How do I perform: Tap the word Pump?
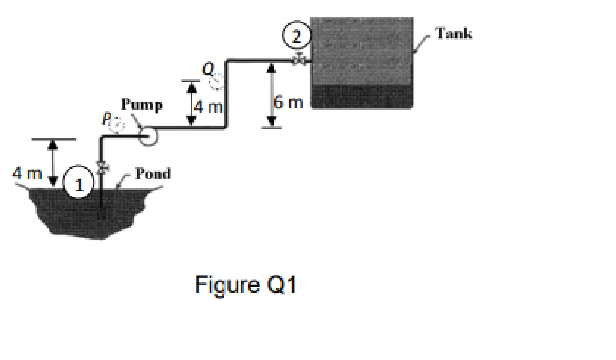click(x=141, y=105)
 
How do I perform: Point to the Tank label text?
click(x=454, y=33)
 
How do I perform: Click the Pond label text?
click(x=152, y=174)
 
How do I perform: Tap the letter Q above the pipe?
click(x=208, y=70)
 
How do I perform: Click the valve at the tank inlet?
click(x=299, y=60)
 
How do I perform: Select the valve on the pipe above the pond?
click(x=102, y=167)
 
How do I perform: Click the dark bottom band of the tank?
click(x=361, y=96)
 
